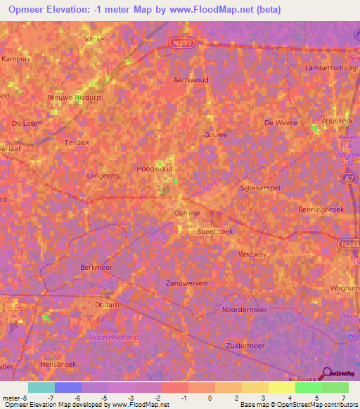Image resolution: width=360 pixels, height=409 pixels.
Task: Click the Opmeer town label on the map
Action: [187, 212]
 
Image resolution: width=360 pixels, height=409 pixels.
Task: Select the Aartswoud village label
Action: [191, 80]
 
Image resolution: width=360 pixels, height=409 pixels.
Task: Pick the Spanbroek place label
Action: [214, 231]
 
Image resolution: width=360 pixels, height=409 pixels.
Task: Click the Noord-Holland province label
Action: [113, 337]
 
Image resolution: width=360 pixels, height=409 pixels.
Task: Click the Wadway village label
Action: [253, 254]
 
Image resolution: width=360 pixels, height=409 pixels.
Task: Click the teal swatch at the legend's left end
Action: [41, 387]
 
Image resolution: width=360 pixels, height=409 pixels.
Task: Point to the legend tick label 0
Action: [210, 398]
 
